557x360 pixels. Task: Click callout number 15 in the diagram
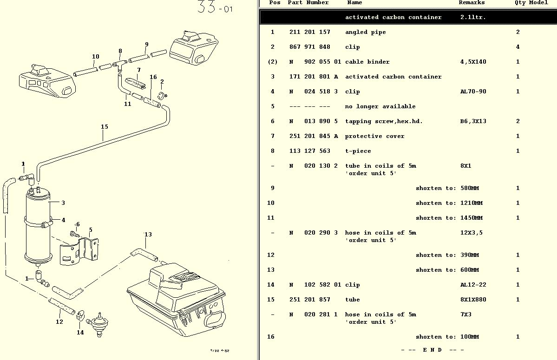pos(105,127)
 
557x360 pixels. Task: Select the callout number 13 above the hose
pos(148,235)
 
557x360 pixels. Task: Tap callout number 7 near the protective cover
pos(138,70)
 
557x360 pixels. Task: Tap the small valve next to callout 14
pos(98,322)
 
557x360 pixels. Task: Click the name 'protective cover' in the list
pos(374,136)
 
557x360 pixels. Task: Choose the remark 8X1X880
pos(473,300)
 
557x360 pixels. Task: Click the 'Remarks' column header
pos(472,3)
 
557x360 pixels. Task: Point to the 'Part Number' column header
pos(308,3)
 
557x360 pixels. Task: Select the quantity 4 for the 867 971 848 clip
pos(518,47)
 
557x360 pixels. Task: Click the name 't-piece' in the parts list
pos(358,151)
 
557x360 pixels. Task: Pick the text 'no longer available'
pos(380,106)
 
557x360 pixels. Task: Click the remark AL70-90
pos(473,92)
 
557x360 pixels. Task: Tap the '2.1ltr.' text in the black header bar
pos(473,17)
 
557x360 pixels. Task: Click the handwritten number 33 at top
pos(206,7)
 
